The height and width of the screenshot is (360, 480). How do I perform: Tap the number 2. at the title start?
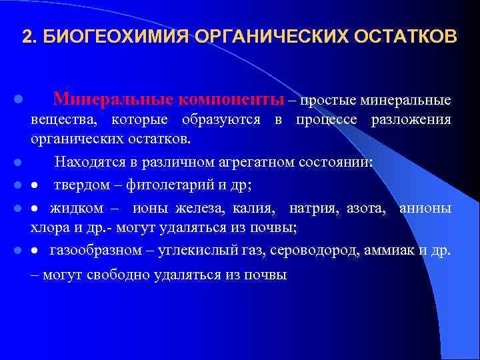click(29, 36)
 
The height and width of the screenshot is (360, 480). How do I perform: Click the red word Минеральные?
click(113, 100)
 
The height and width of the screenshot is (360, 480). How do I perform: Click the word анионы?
click(425, 209)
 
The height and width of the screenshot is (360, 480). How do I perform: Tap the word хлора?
click(46, 227)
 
